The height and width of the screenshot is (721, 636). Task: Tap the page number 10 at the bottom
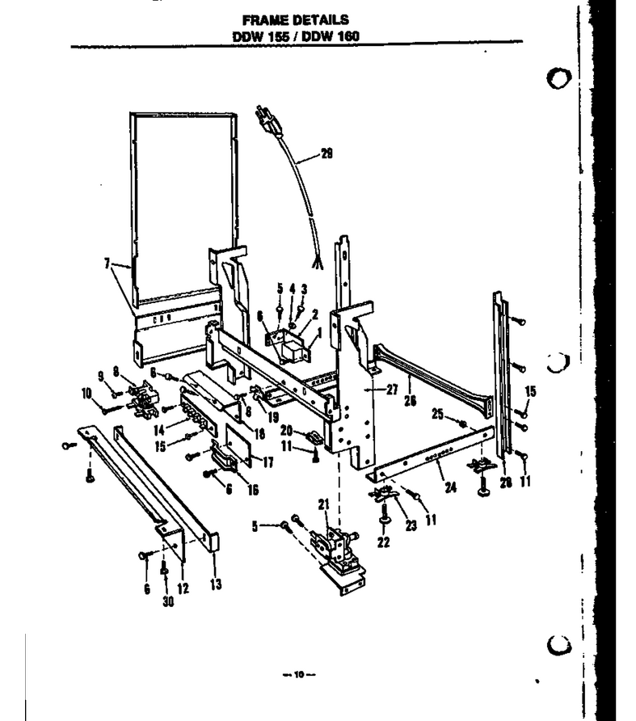tap(299, 675)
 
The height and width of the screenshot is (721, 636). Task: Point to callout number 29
tap(326, 154)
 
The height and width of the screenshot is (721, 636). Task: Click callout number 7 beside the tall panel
tap(107, 263)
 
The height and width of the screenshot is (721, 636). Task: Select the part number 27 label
tap(392, 390)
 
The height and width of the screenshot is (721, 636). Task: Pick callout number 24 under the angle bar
tap(451, 487)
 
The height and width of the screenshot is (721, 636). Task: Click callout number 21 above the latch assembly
tap(324, 504)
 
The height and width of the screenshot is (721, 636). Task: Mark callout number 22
tap(384, 542)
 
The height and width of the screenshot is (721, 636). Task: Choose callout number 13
tap(216, 584)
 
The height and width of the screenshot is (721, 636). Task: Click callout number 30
tap(168, 601)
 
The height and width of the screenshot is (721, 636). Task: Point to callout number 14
tap(159, 429)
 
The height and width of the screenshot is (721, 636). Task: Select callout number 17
tap(268, 462)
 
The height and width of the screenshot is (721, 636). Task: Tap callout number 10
tap(86, 394)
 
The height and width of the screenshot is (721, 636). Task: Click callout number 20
tap(287, 430)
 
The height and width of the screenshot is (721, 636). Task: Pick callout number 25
tap(437, 414)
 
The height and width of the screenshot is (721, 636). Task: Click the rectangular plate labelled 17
tap(238, 444)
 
